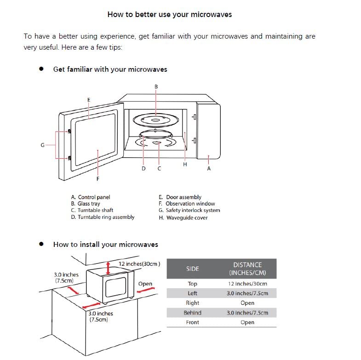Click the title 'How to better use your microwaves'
[x=169, y=14]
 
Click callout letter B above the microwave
[x=156, y=86]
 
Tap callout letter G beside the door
[x=42, y=145]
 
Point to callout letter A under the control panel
[x=209, y=169]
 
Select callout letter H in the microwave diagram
[x=185, y=165]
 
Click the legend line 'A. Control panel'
[x=91, y=197]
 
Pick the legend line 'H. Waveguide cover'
[x=183, y=217]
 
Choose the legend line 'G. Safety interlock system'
[x=189, y=211]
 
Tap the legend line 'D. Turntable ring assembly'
[x=103, y=217]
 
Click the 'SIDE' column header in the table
[x=192, y=269]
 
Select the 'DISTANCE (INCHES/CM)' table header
[x=247, y=269]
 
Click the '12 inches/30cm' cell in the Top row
[x=247, y=284]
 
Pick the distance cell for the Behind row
[x=247, y=313]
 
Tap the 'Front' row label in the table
[x=192, y=322]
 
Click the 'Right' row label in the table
[x=192, y=303]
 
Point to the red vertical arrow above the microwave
[x=108, y=266]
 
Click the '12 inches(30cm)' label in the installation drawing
[x=139, y=264]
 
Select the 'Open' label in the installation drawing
[x=145, y=284]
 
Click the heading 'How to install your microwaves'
[x=105, y=245]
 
